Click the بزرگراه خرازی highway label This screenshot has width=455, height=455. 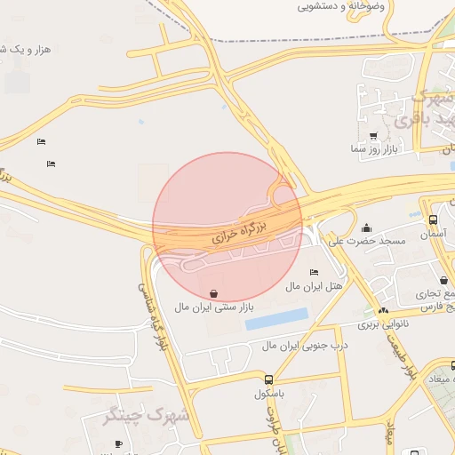pos(240,232)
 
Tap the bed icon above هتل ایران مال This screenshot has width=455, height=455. pos(314,273)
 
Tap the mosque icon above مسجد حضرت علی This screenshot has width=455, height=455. pos(367,227)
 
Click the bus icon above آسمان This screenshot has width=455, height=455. pos(433,220)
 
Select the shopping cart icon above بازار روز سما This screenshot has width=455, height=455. pos(371,136)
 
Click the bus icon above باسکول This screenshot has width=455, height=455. pos(268,378)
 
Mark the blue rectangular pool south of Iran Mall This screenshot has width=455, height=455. pos(276,319)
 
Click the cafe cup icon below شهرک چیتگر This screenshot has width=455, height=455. pos(118,443)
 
